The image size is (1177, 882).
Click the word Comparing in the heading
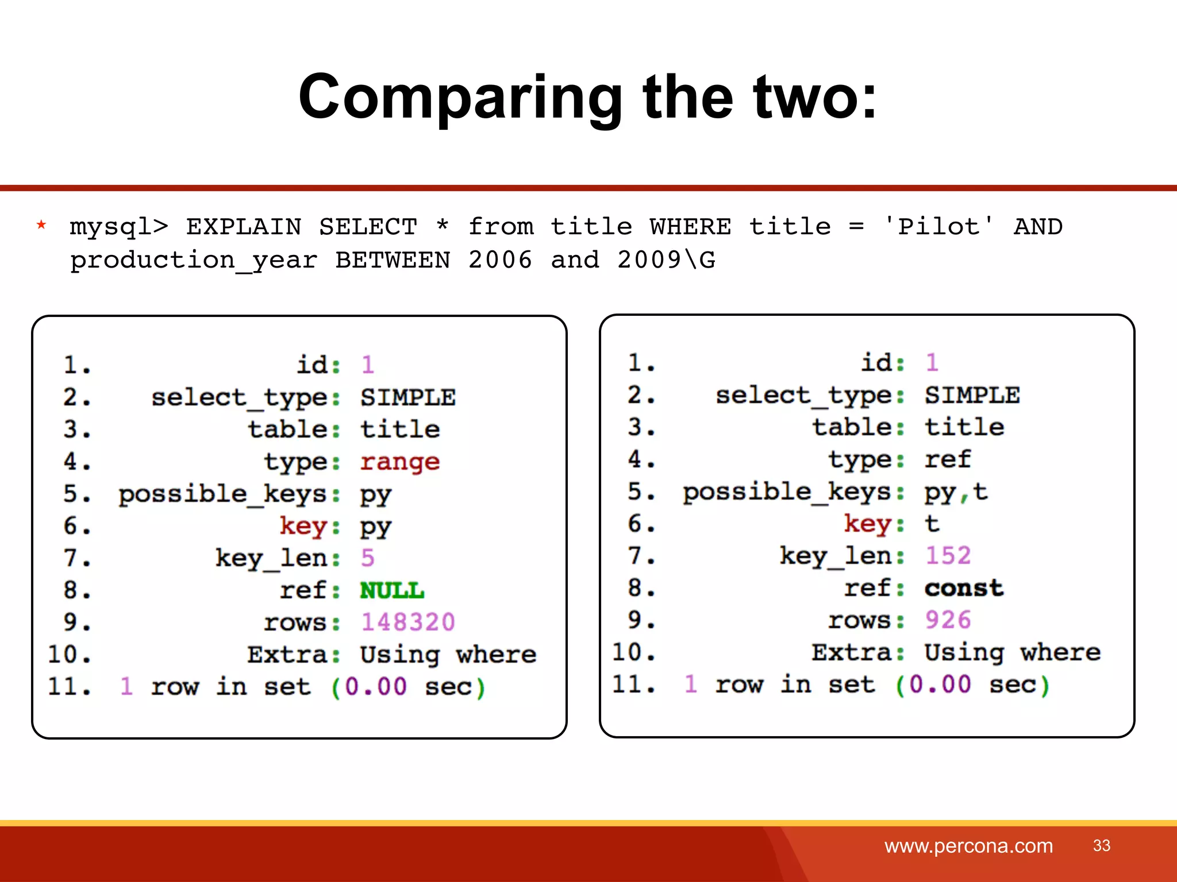460,98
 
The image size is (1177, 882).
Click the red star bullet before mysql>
41,225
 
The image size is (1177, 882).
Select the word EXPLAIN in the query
244,227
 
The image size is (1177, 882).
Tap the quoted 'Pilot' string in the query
938,226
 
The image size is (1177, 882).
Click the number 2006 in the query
500,260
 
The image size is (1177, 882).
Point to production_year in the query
193,261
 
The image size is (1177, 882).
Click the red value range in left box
400,462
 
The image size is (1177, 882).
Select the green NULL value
392,590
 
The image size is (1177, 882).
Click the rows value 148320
408,622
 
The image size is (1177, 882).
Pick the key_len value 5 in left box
368,558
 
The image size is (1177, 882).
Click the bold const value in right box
964,588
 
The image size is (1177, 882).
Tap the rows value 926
948,620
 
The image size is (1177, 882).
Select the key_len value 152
948,556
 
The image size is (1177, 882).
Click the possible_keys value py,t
956,492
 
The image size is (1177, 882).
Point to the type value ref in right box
947,459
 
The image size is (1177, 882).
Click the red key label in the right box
867,524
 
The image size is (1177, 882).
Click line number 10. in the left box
69,655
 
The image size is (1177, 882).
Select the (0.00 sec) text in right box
972,684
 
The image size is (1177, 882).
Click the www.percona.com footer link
968,846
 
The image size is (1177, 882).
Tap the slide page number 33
1101,845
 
